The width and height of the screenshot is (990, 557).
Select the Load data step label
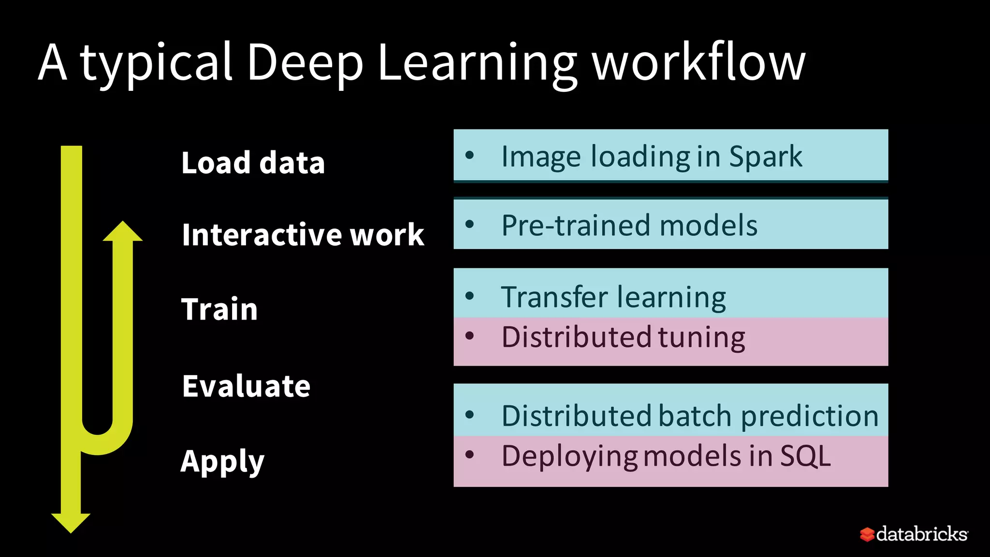click(253, 162)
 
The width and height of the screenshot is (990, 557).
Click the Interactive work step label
click(303, 235)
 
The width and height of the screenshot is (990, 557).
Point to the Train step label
click(219, 309)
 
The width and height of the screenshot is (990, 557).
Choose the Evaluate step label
click(246, 386)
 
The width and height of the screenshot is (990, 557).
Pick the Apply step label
click(222, 461)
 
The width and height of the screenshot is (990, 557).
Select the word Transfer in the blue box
click(553, 297)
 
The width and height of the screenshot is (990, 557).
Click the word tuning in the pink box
click(701, 337)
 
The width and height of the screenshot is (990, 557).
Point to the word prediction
click(809, 416)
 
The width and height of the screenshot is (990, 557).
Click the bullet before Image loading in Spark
click(469, 155)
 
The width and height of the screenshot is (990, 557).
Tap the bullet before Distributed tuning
click(469, 336)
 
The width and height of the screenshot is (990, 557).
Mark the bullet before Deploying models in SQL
click(469, 454)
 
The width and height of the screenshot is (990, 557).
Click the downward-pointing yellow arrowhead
click(71, 522)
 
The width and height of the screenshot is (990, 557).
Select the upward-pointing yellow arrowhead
click(123, 232)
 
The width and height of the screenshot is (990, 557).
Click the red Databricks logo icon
click(867, 534)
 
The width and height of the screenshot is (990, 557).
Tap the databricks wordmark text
click(922, 534)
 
